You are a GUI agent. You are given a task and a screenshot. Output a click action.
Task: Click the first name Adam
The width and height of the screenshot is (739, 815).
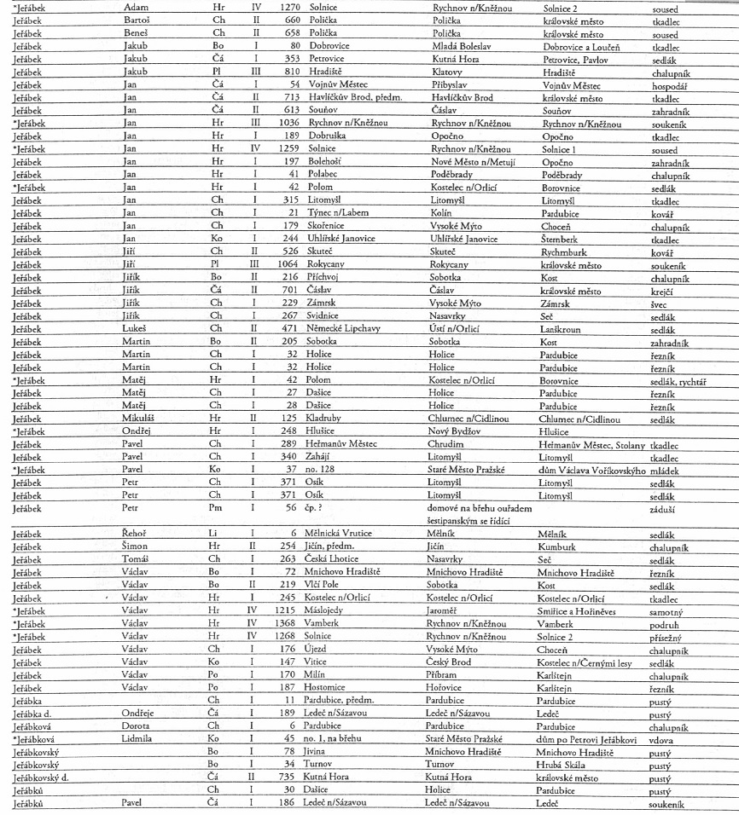137,7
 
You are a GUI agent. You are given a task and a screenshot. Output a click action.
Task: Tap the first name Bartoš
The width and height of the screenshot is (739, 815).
139,20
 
